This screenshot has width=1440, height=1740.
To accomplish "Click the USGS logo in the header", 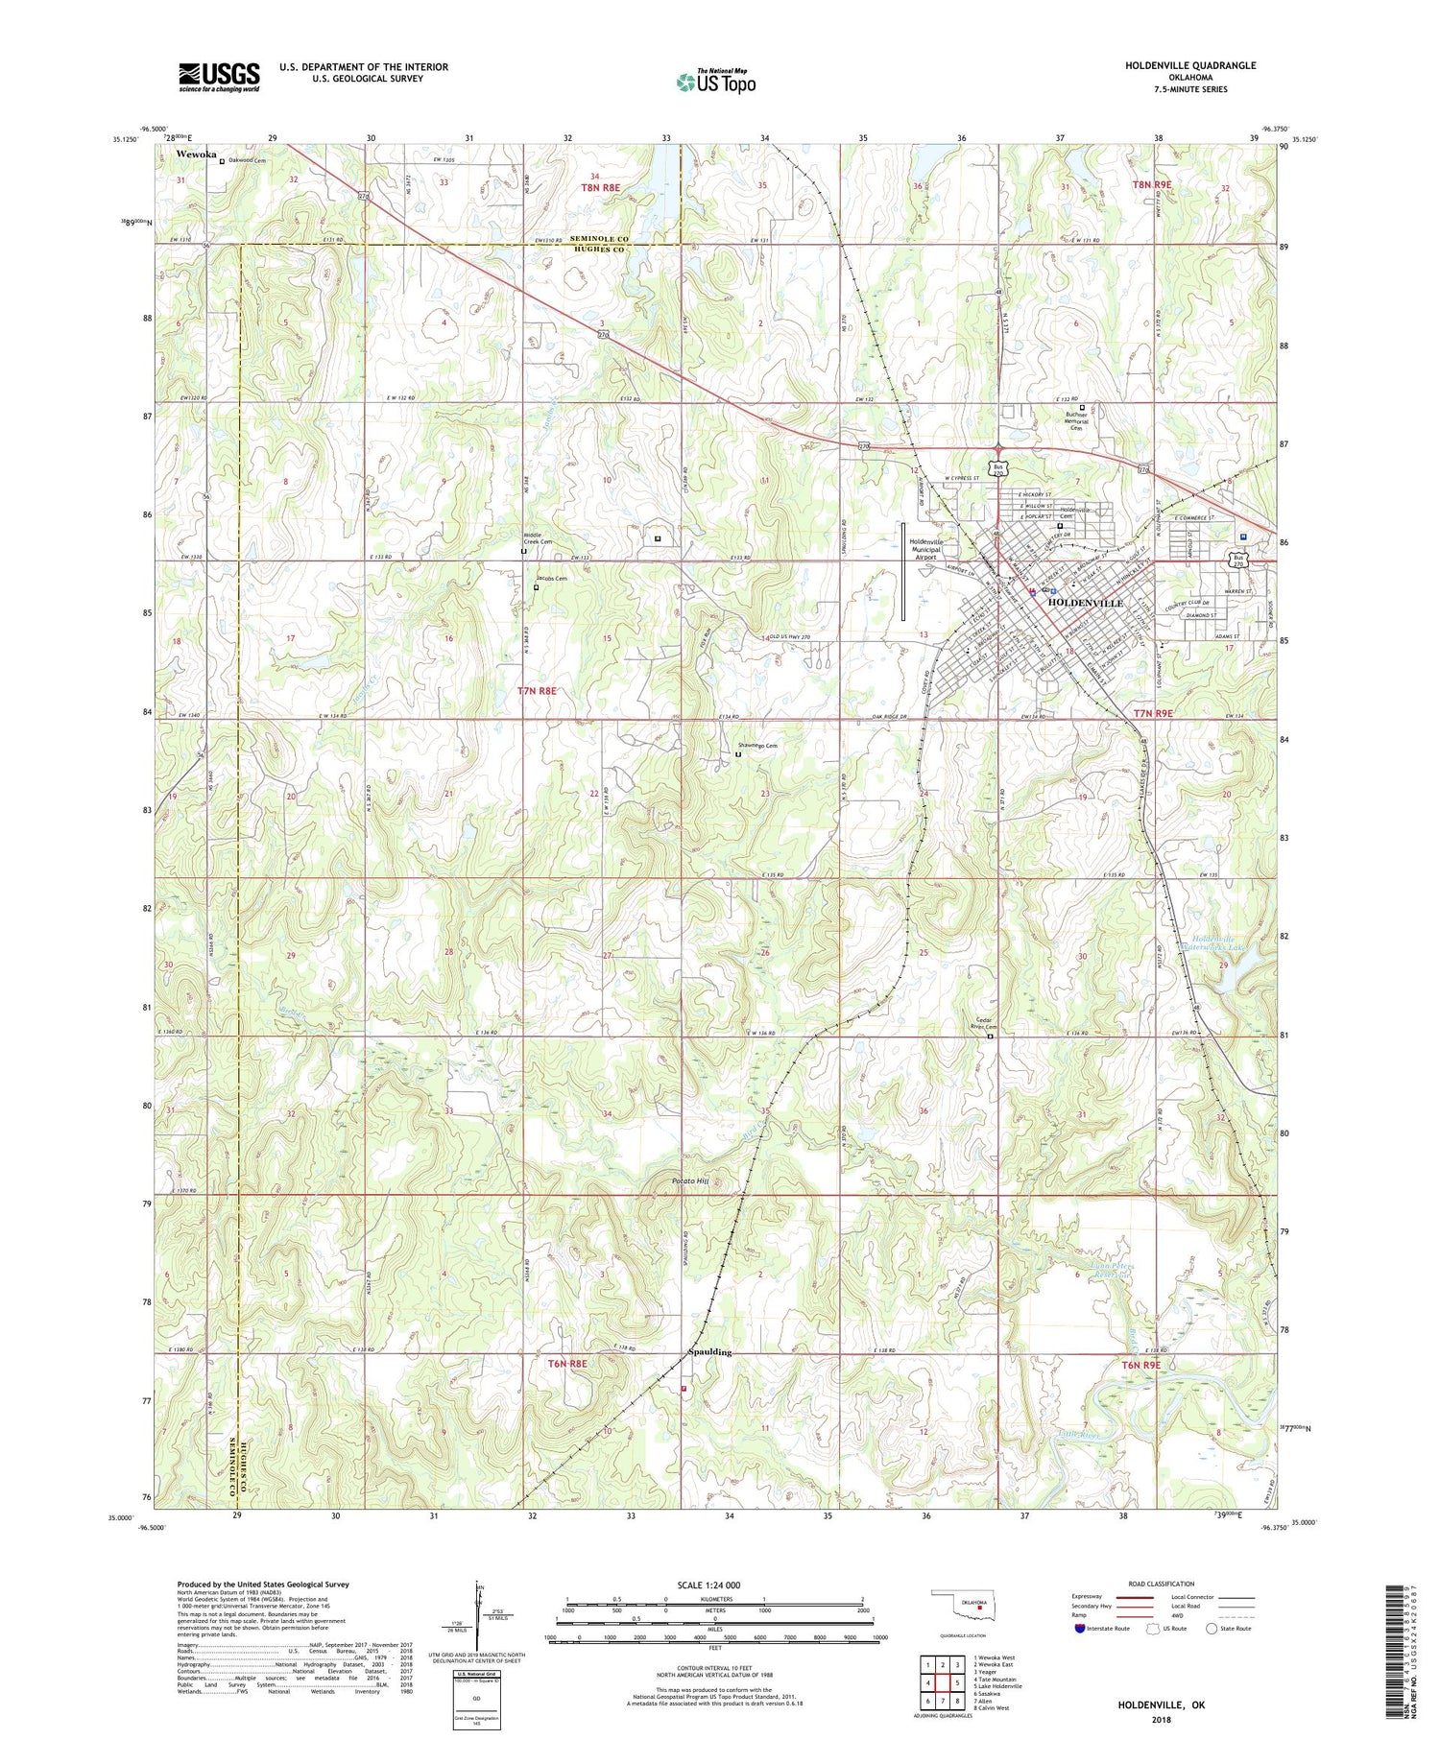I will point(219,77).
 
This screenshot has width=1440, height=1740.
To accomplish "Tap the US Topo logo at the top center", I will point(716,82).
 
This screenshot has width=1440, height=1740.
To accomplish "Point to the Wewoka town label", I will point(196,154).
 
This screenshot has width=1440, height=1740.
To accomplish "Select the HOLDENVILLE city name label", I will point(1085,603).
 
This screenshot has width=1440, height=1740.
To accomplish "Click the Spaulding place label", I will point(710,1352).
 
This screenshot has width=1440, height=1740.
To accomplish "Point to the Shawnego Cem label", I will point(757,746).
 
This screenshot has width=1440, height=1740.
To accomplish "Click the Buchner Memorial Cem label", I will point(1081,421).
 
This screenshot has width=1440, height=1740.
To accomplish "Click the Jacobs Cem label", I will point(552,579).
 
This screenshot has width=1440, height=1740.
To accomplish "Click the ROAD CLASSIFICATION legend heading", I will point(1161,1584).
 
